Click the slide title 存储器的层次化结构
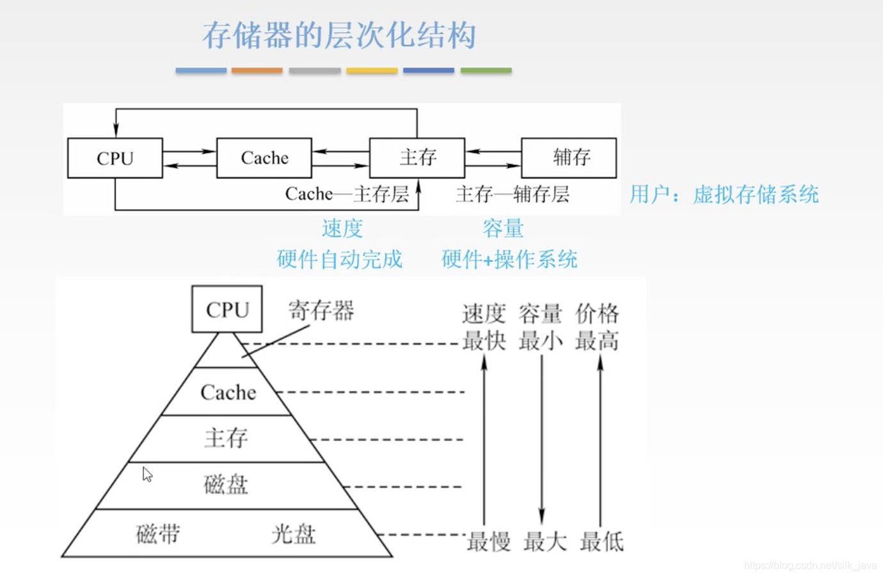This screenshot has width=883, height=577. tap(339, 35)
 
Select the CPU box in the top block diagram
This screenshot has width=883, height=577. tap(115, 158)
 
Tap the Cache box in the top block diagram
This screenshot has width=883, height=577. tap(264, 158)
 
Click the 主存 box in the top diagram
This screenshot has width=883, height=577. tap(417, 157)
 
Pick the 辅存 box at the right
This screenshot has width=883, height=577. tap(569, 157)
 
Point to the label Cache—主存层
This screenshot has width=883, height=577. tap(347, 194)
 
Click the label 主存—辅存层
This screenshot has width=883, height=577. tap(512, 194)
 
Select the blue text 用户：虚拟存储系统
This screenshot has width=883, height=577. tap(724, 194)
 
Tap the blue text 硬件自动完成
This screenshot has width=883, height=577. tap(339, 259)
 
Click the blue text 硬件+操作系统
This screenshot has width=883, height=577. tap(509, 259)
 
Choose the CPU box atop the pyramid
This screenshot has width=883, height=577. tap(227, 310)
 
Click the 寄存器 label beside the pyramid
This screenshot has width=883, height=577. tap(321, 311)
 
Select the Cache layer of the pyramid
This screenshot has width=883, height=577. tap(228, 392)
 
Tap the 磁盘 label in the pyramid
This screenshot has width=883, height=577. tap(225, 484)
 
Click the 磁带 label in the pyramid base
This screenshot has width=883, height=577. tap(158, 534)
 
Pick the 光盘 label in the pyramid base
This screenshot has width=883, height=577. tap(294, 534)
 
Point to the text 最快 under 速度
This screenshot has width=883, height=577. tap(484, 341)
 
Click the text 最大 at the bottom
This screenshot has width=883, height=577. tap(545, 542)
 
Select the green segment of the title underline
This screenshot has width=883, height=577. tap(486, 70)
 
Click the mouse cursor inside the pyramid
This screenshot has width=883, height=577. tap(147, 473)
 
